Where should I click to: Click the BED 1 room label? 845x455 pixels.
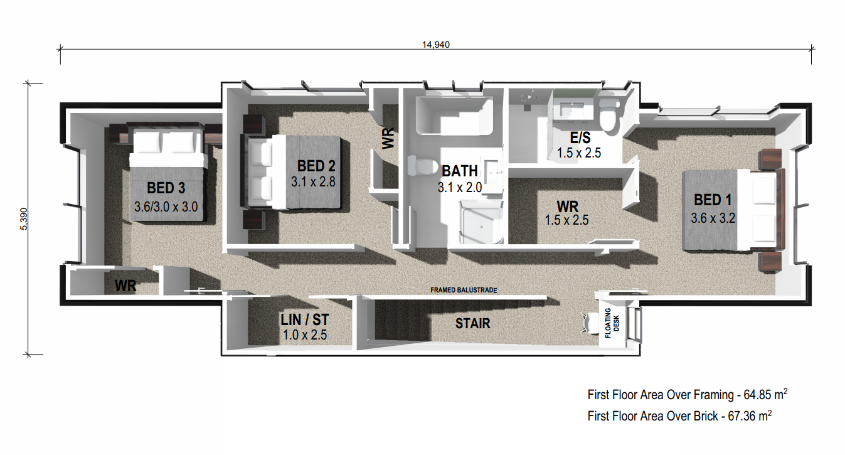(713, 200)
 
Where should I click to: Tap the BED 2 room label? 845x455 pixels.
(316, 166)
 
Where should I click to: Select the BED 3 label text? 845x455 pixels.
(166, 188)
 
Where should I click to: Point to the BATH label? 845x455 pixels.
(459, 171)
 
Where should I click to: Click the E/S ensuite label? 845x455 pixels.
(580, 137)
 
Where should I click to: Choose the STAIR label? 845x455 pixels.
(472, 323)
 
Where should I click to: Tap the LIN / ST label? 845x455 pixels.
(305, 320)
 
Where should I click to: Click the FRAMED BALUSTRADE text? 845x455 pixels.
(464, 290)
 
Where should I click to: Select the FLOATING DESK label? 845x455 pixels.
(612, 323)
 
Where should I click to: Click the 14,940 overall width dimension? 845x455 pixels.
(436, 45)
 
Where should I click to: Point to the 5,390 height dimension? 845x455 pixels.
(24, 219)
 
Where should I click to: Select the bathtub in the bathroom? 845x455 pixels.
(454, 115)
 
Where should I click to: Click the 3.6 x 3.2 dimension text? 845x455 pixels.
(713, 218)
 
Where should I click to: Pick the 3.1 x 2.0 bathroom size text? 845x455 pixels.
(459, 187)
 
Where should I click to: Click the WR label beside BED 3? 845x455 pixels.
(125, 286)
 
